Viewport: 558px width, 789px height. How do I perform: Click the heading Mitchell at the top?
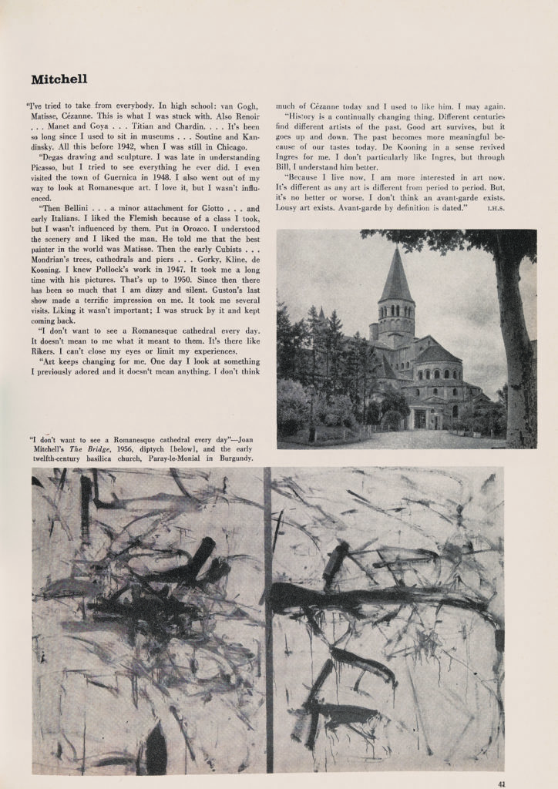[x=59, y=79]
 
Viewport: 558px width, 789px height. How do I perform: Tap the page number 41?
[x=502, y=784]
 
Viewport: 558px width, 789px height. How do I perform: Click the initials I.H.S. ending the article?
[x=496, y=209]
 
